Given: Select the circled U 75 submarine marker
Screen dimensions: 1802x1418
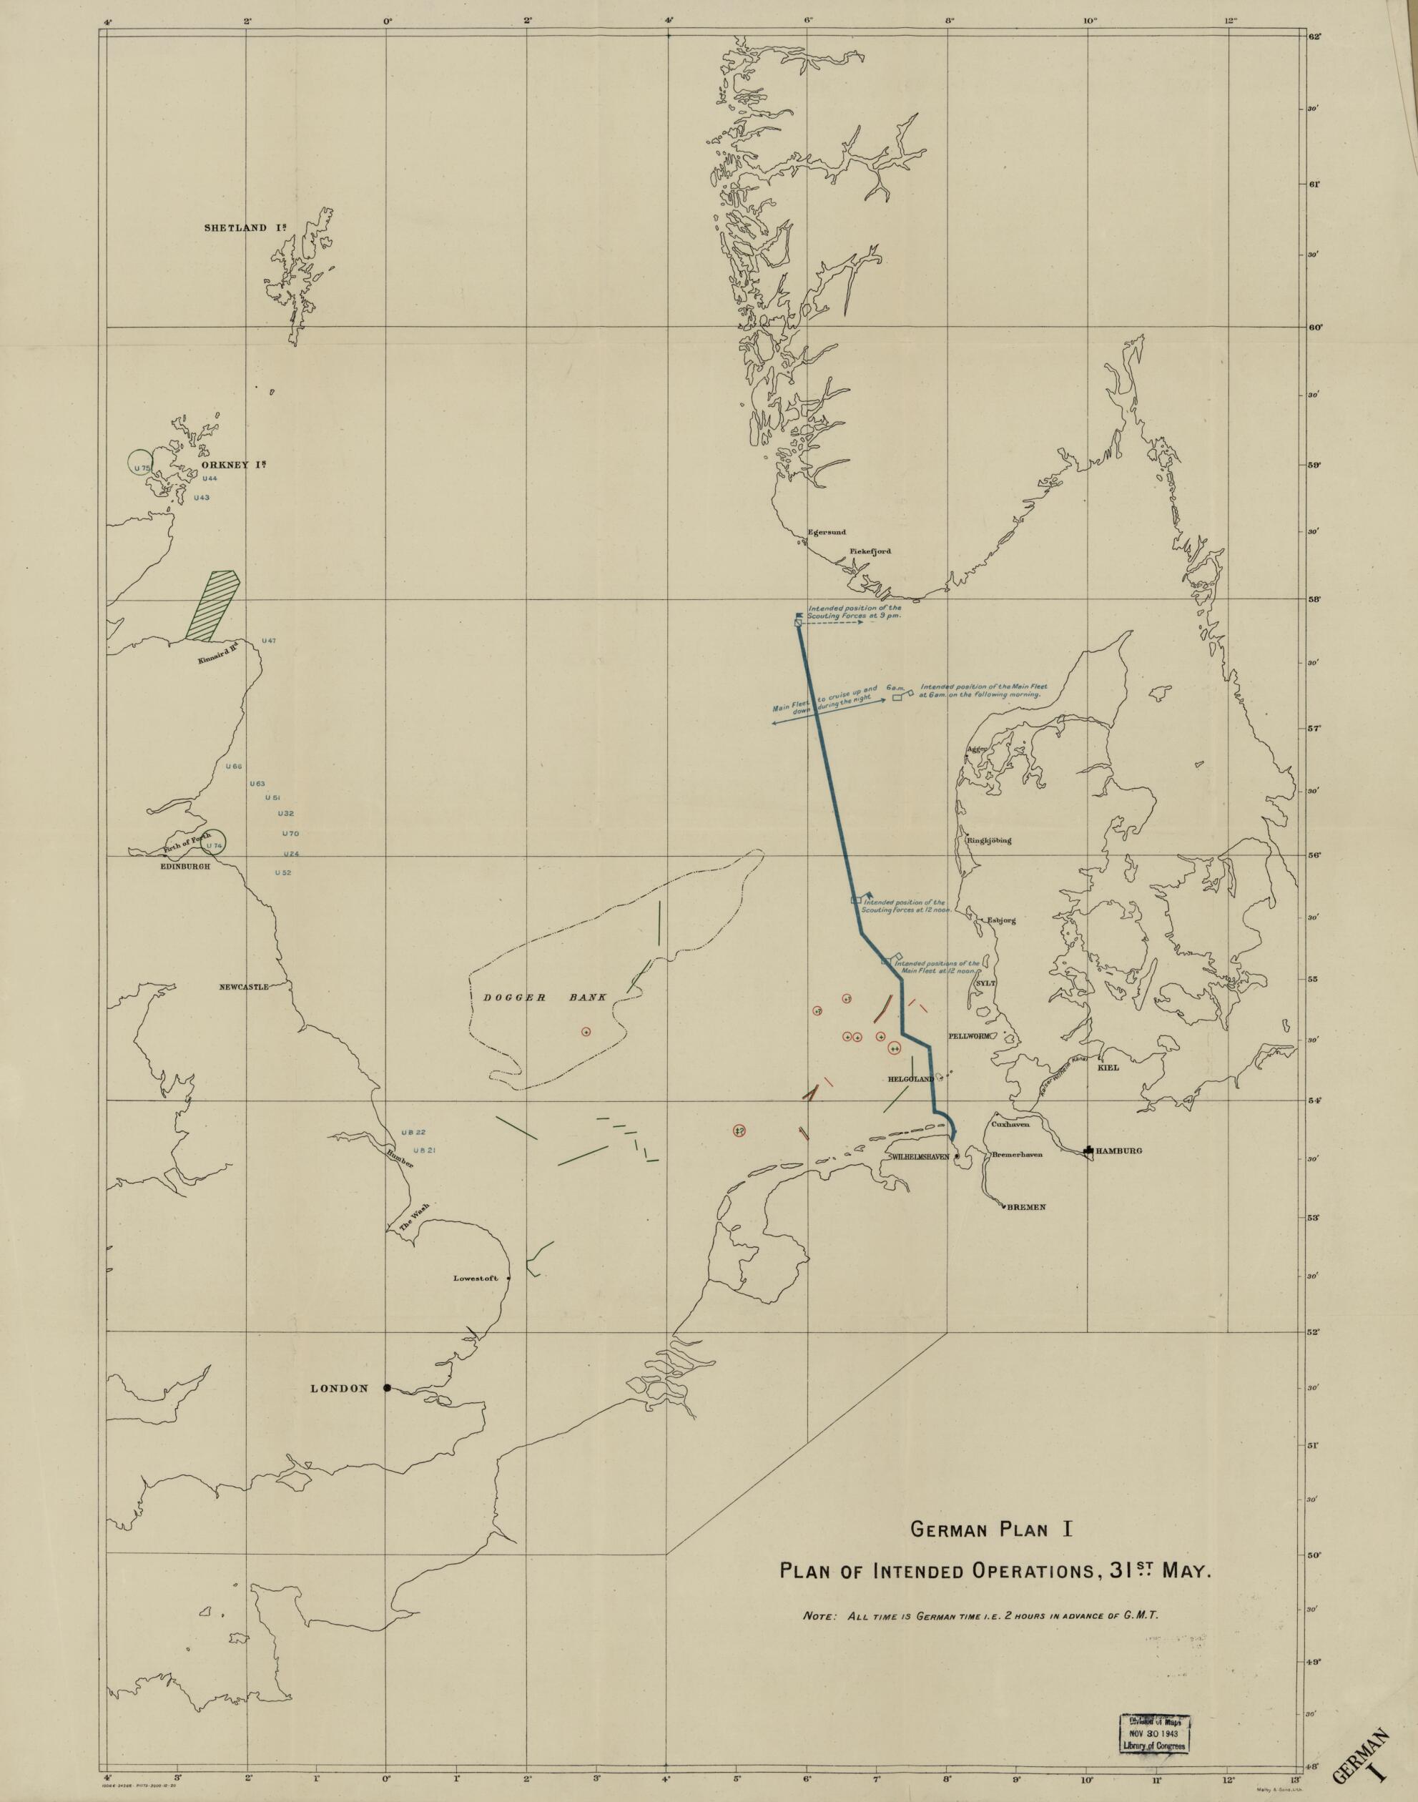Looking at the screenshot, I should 141,468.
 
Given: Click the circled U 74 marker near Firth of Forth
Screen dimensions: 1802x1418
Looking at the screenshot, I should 215,846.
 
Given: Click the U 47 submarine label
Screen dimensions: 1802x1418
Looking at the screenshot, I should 268,641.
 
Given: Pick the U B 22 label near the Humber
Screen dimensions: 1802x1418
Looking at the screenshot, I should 413,1133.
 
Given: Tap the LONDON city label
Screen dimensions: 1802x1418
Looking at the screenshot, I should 338,1389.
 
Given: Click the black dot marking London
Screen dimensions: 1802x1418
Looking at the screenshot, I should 387,1388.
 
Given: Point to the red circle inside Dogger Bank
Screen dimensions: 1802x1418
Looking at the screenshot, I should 586,1032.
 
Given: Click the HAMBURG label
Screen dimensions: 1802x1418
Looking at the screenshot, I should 1118,1151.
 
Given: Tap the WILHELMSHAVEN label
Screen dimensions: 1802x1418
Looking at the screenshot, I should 919,1156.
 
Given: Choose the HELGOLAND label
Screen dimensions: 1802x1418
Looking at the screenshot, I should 911,1078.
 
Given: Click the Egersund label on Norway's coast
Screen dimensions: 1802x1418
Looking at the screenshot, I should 826,532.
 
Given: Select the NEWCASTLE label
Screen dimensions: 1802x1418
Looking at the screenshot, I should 243,987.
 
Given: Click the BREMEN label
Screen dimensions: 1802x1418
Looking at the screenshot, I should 1026,1207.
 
